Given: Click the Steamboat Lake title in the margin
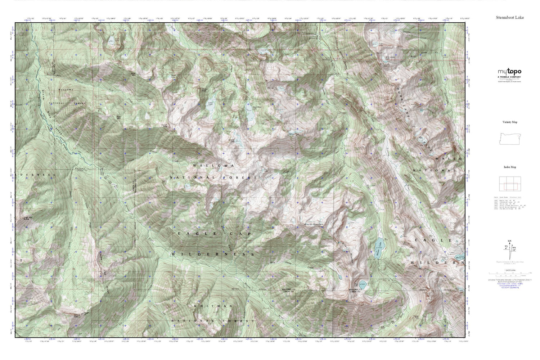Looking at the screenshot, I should (510, 17).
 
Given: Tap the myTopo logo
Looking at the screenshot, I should (509, 72).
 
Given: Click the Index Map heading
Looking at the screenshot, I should (510, 167).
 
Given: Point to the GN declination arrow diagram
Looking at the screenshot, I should (509, 248).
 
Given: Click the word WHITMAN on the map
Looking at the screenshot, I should (213, 306).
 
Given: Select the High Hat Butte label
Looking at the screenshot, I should (28, 218).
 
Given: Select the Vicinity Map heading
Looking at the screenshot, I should (510, 122).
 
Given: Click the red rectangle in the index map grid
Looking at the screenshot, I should (510, 186).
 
